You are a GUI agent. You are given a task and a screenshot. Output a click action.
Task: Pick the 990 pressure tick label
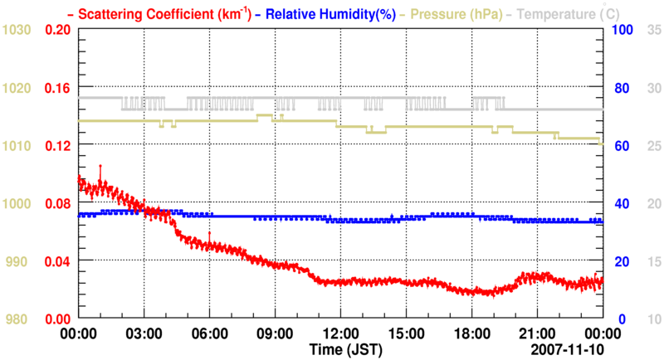(x=18, y=261)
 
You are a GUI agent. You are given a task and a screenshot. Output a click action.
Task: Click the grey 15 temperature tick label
(x=652, y=261)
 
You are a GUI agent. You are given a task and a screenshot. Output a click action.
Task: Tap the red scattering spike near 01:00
(x=100, y=168)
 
